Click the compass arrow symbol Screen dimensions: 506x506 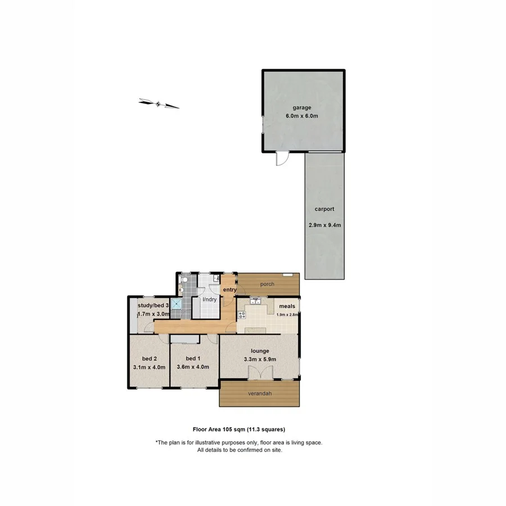(159, 103)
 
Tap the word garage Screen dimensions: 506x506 (301, 107)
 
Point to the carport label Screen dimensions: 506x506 (324, 209)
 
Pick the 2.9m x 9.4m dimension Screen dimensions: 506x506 (324, 225)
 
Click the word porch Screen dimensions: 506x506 (267, 284)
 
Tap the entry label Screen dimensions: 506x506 (229, 290)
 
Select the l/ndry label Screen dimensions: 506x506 (209, 299)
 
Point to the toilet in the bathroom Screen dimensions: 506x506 (183, 279)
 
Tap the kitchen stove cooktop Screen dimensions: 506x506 (242, 314)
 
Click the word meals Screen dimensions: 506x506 (287, 306)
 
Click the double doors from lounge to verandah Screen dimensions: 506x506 (260, 373)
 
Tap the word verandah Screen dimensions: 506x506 (260, 394)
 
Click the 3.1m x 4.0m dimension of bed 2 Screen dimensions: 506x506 (148, 367)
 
